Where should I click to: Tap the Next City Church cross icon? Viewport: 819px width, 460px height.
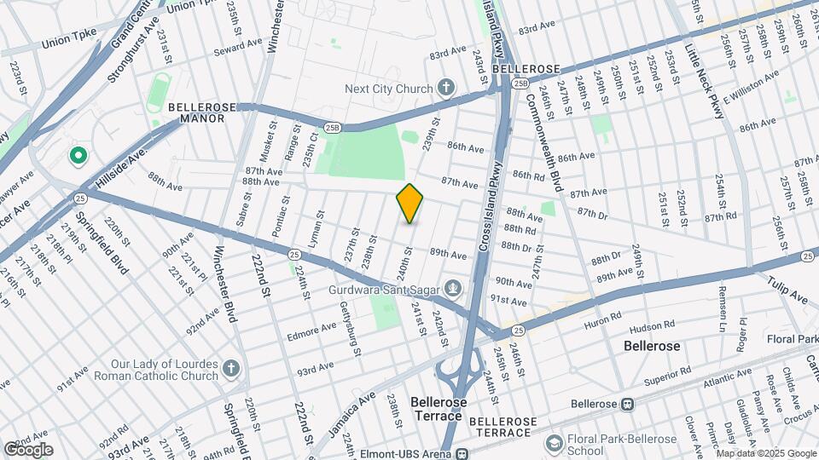(x=445, y=87)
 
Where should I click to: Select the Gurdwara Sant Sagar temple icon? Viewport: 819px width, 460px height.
(x=452, y=290)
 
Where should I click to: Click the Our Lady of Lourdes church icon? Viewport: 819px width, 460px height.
(x=231, y=369)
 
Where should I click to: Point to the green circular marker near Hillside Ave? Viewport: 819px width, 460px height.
(x=78, y=157)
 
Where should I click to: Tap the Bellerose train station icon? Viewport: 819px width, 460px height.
(x=627, y=403)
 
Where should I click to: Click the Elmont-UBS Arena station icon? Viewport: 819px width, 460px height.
(x=462, y=454)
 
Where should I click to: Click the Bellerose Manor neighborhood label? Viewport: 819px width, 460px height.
(x=196, y=113)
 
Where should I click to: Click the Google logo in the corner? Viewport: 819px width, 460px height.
(x=28, y=449)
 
